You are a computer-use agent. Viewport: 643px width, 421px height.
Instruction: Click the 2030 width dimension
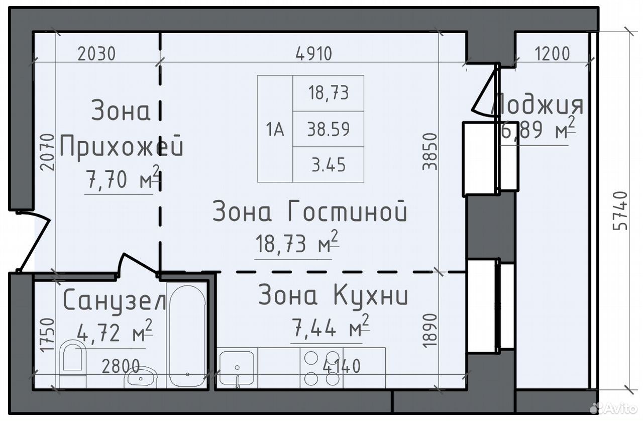(96, 54)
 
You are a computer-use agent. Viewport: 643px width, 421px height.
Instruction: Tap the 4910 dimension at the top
(314, 54)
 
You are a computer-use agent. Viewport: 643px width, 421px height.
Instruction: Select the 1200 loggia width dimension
(552, 54)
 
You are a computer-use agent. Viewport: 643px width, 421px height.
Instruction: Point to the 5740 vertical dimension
(620, 211)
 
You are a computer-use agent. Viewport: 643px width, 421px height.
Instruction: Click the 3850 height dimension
(430, 151)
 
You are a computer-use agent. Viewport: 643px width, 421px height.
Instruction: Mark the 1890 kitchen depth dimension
(430, 331)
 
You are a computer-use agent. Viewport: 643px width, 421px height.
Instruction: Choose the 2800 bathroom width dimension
(121, 366)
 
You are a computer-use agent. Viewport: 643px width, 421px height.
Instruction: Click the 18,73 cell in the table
(329, 93)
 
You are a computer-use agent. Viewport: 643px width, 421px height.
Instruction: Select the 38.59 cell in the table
(329, 129)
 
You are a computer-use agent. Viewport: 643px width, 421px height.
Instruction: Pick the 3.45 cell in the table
(329, 165)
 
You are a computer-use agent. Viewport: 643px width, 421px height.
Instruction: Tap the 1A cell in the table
(275, 130)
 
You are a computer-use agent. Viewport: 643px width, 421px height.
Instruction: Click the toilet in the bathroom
(73, 364)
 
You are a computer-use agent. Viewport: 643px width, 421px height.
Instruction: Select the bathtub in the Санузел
(187, 336)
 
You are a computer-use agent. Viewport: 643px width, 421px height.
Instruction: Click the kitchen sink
(237, 368)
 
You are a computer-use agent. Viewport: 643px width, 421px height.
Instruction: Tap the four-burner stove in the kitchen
(321, 368)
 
